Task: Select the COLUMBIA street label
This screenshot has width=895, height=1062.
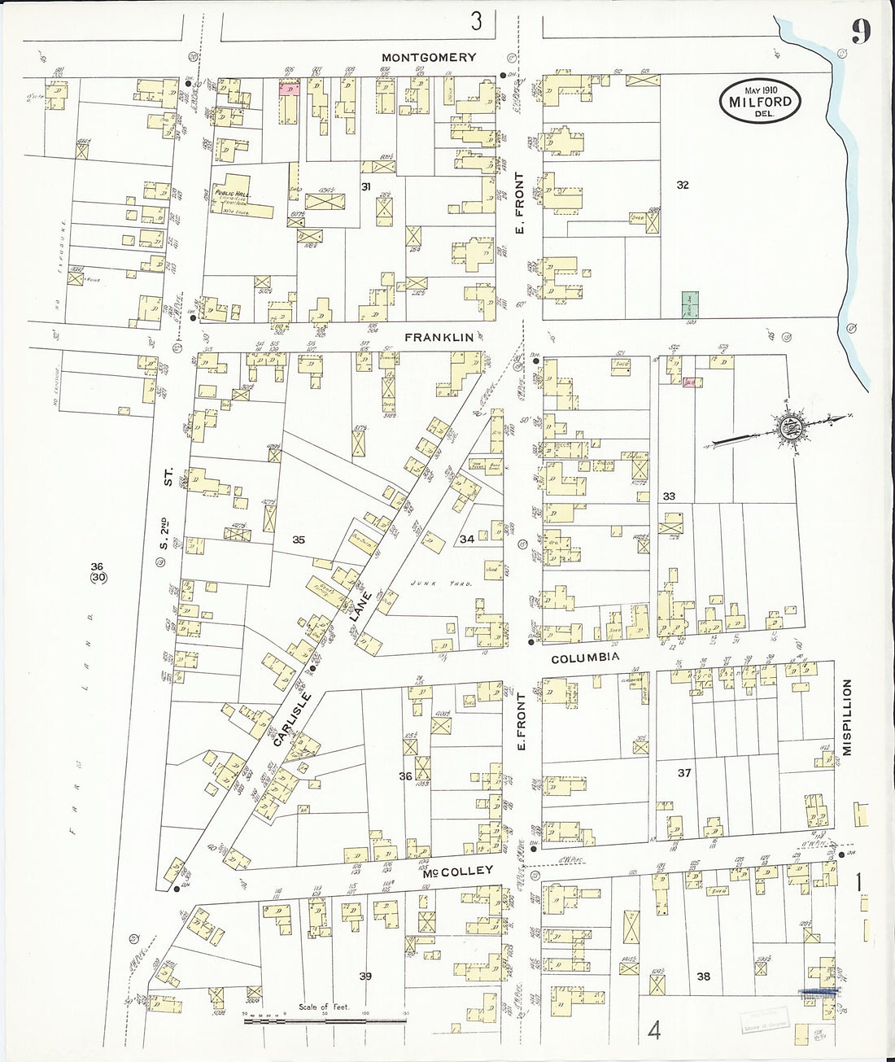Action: click(586, 657)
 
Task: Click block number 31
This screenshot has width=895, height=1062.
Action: click(367, 187)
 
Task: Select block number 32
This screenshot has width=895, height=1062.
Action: click(682, 186)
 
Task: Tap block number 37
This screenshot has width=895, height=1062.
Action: click(683, 773)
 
